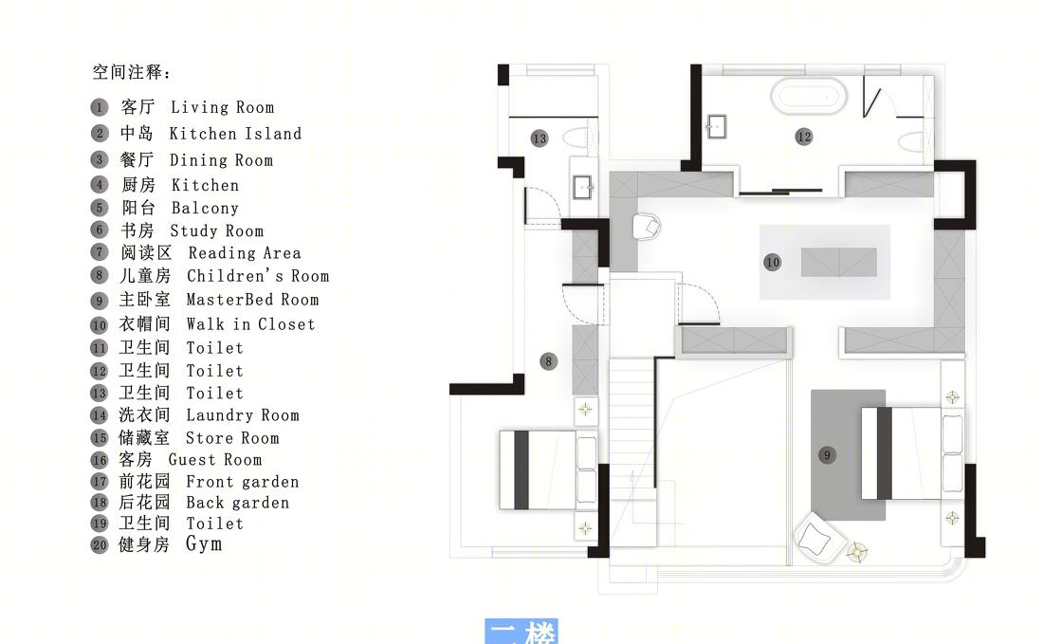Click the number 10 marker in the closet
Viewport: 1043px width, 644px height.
coord(772,262)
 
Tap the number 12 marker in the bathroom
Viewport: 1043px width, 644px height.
coord(803,137)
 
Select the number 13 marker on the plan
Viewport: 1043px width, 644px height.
coord(540,138)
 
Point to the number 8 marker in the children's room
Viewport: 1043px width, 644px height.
coord(548,362)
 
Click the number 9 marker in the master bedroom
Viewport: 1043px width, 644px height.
coord(827,455)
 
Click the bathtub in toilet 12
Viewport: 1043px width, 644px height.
coord(809,95)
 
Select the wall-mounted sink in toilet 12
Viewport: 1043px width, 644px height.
coord(716,126)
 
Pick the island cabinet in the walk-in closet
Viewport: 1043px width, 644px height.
coord(839,262)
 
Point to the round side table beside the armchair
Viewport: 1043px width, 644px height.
coord(857,551)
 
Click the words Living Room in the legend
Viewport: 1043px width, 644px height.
coord(222,107)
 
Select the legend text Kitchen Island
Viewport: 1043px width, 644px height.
coord(235,134)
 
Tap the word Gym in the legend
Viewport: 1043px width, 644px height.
coord(204,544)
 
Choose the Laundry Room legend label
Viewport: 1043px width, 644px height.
coord(242,415)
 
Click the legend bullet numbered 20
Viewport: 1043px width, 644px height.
coord(100,544)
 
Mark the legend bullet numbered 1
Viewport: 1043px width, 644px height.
coord(100,107)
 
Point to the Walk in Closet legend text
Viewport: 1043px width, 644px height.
coord(250,324)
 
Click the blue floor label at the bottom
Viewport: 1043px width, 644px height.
coord(521,632)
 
